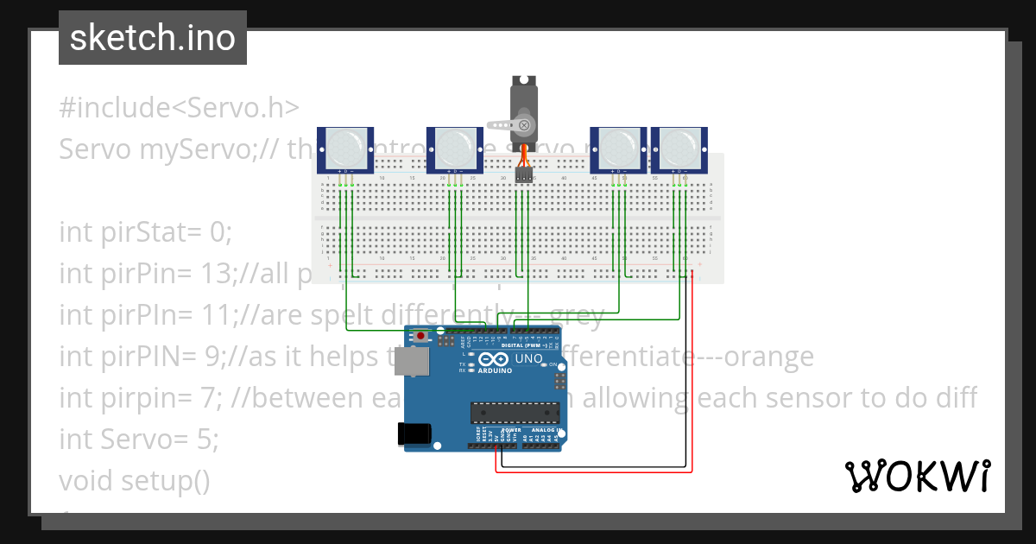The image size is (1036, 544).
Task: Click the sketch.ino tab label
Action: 153,38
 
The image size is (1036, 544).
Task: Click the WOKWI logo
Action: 917,476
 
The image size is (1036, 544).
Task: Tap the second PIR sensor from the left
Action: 455,149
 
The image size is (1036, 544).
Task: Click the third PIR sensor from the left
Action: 618,149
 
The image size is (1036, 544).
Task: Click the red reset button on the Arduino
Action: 420,335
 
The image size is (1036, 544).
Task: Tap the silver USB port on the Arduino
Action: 411,363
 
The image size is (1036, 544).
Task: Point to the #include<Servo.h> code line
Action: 180,108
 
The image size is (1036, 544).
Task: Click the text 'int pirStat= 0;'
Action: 146,232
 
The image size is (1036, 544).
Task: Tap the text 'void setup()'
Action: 135,479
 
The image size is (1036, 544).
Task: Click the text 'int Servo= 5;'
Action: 139,440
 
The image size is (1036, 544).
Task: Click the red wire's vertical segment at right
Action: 692,371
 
